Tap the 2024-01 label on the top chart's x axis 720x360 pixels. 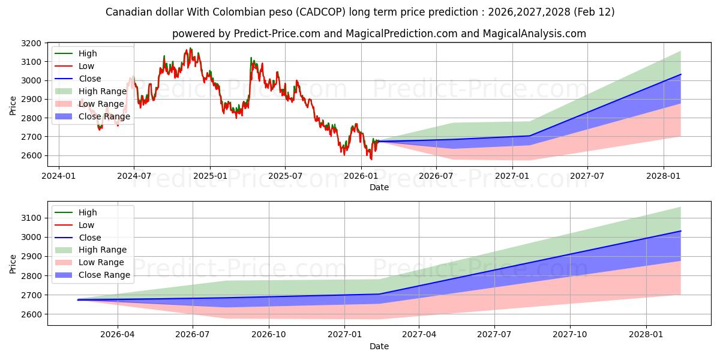(x=58, y=176)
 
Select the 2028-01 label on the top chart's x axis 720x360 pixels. (x=663, y=176)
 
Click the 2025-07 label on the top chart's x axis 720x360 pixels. (x=285, y=176)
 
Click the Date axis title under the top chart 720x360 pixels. (x=379, y=187)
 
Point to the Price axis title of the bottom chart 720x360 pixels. (x=13, y=263)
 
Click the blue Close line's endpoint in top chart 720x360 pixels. (x=680, y=74)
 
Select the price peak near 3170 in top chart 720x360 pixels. (x=190, y=49)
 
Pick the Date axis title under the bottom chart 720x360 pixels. (x=379, y=346)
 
